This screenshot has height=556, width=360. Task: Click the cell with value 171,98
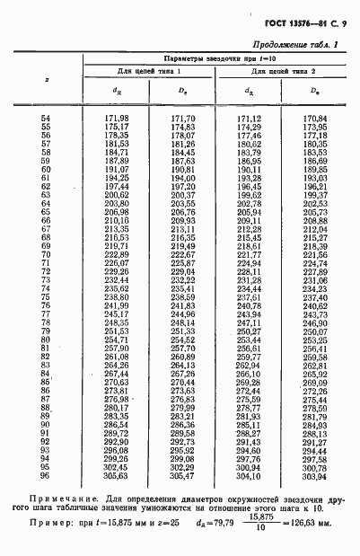click(x=118, y=118)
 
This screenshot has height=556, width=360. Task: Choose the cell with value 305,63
click(x=118, y=476)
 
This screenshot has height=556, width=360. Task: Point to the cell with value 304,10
click(x=249, y=476)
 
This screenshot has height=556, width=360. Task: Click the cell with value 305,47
click(x=183, y=476)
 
